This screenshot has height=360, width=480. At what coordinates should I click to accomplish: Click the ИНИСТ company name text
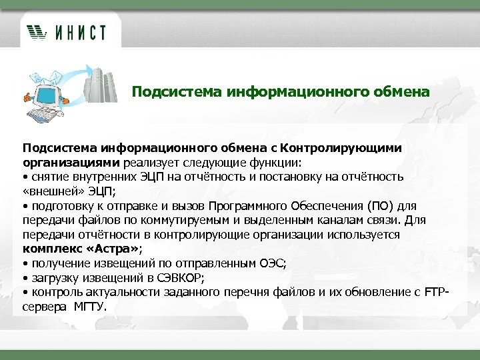[80, 31]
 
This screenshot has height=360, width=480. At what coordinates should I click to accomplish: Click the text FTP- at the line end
[437, 292]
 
